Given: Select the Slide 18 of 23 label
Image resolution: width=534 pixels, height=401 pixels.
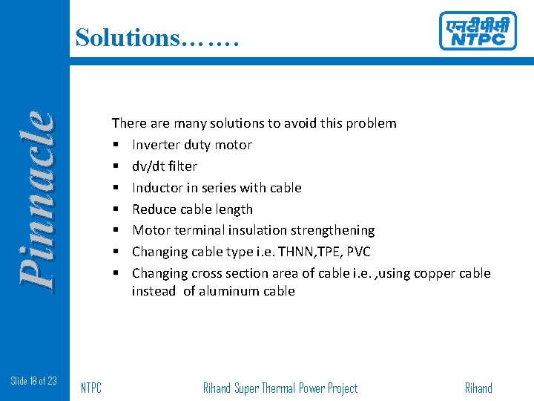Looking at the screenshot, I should (34, 381).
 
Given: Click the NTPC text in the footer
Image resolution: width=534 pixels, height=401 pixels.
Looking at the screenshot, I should (90, 388).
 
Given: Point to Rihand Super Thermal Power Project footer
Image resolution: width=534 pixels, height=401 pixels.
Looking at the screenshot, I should (280, 388).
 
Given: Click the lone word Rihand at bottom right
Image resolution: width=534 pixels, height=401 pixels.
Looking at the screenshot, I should (478, 388).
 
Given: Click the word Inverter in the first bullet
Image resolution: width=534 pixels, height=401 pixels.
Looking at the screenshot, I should (156, 145).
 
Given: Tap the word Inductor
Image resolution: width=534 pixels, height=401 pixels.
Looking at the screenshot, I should (157, 188).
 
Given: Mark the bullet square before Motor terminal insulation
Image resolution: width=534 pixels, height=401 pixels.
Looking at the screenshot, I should (116, 231).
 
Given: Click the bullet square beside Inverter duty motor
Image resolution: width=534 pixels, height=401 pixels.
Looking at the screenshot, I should (116, 146).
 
